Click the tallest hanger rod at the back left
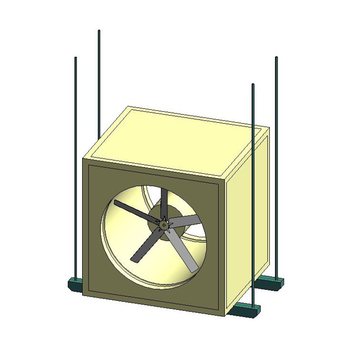(x=99, y=80)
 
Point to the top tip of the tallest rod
(x=99, y=31)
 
